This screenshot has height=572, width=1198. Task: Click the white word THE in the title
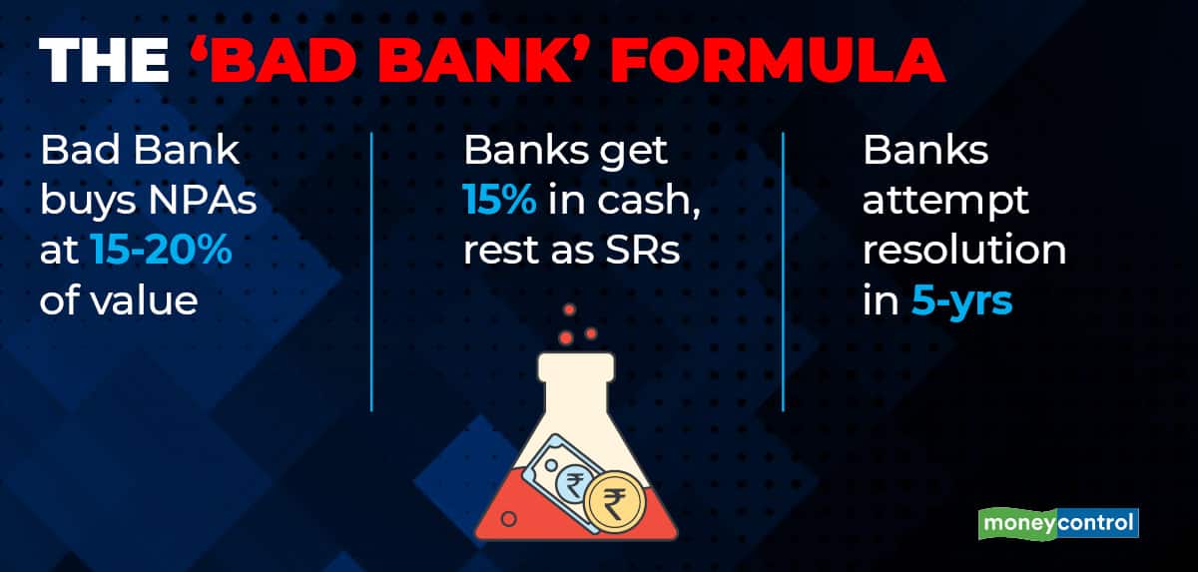tap(104, 60)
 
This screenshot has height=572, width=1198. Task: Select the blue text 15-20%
tap(162, 250)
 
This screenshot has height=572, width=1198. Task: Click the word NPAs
tap(203, 201)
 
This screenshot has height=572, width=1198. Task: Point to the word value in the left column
tap(144, 299)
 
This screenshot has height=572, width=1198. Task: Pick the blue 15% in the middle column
tap(500, 200)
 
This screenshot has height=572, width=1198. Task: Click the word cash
tap(648, 201)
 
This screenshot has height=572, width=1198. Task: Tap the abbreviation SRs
tap(642, 250)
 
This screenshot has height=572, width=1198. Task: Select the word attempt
tap(945, 202)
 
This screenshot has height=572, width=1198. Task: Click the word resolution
tap(964, 250)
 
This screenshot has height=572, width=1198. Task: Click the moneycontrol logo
tap(1058, 523)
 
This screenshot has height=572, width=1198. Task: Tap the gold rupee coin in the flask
tap(614, 501)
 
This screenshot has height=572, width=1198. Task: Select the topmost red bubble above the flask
tap(570, 309)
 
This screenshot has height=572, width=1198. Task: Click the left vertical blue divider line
tap(371, 272)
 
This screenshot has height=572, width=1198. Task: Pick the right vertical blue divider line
tap(783, 272)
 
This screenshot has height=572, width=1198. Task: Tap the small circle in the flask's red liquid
tap(510, 518)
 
